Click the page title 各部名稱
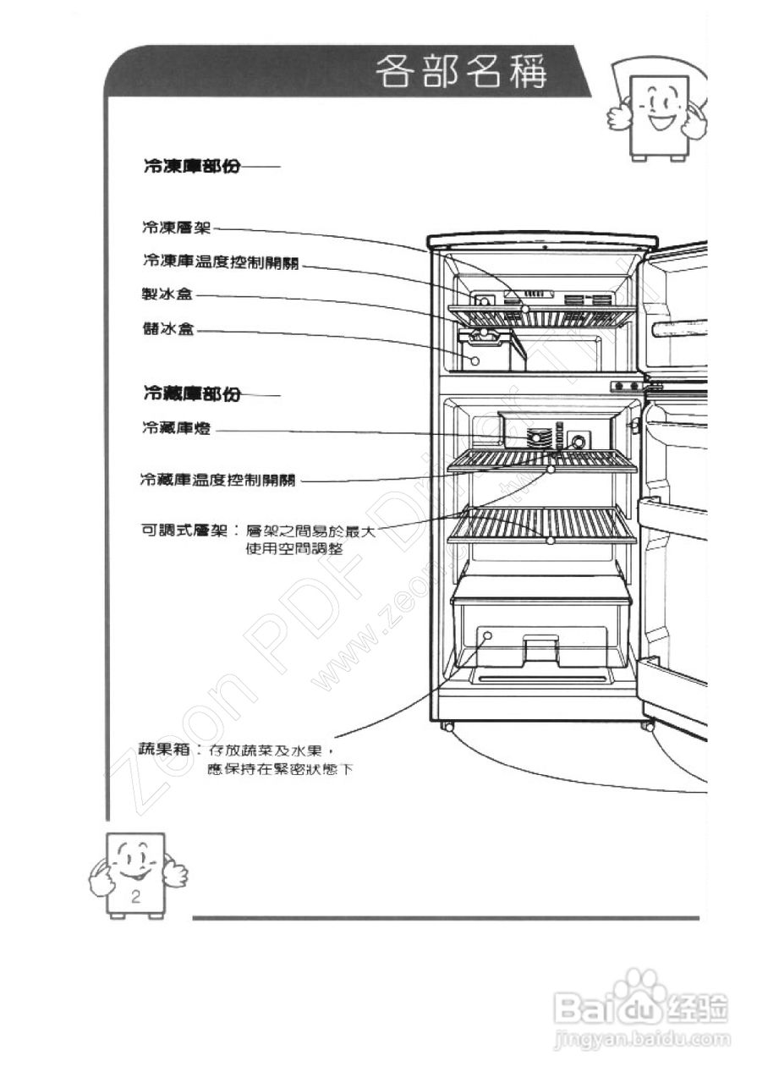461,72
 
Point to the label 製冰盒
167,294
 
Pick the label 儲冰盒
167,328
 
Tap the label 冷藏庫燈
176,430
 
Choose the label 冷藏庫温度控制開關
218,481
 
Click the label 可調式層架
183,531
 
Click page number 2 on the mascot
135,896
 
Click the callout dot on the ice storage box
475,361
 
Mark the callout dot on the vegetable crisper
488,635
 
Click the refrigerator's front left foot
446,726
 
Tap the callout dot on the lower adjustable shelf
550,539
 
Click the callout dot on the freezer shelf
526,310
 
